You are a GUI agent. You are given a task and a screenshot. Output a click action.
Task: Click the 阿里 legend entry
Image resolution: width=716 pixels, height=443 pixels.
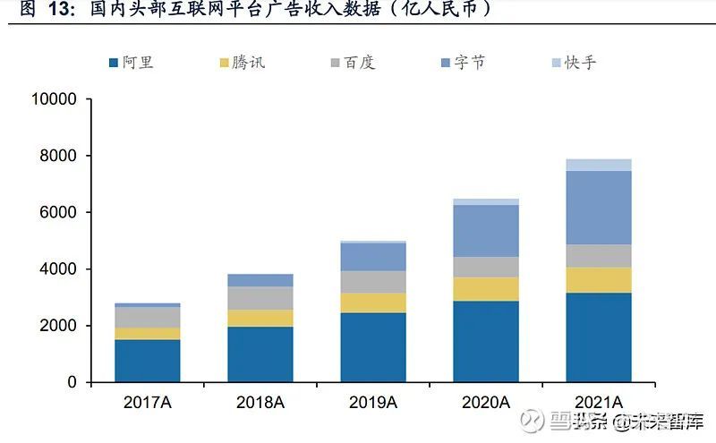click(130, 63)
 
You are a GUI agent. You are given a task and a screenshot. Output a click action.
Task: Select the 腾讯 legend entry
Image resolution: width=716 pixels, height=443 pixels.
click(241, 63)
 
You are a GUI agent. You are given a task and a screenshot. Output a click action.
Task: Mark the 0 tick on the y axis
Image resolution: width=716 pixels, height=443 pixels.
click(73, 382)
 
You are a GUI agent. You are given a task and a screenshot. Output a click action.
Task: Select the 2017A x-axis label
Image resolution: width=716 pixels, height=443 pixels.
click(147, 403)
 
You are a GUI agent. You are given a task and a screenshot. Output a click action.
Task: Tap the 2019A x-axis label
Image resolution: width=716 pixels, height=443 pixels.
click(373, 403)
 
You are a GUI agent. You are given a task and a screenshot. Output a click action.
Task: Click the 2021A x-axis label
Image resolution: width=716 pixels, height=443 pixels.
click(599, 403)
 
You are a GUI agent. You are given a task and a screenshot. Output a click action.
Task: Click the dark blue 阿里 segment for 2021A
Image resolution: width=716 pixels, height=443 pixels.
click(599, 337)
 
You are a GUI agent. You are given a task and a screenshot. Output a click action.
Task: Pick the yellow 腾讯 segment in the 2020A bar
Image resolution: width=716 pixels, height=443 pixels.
click(486, 289)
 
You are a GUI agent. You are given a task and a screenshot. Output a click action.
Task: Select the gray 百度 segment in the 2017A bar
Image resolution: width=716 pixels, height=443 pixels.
click(147, 317)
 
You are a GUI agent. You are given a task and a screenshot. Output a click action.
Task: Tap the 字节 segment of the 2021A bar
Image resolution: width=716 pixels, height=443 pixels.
click(599, 208)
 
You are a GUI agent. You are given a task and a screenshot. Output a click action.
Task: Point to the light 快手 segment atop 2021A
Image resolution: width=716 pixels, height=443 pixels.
click(599, 165)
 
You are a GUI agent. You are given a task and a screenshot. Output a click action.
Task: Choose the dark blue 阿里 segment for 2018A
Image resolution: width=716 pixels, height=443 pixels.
click(260, 354)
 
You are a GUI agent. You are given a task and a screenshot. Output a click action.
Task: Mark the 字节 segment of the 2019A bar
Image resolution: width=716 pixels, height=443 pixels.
click(373, 257)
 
